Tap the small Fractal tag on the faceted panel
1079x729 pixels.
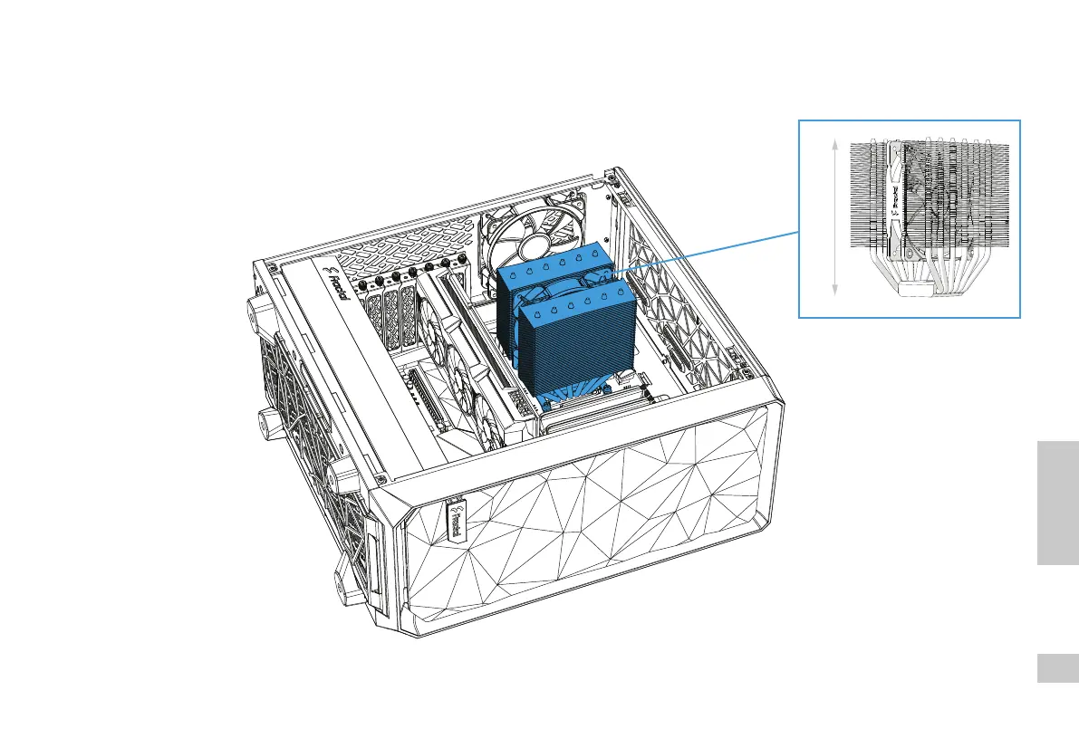[453, 519]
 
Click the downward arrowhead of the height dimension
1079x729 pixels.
[833, 290]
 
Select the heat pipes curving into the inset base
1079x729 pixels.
[942, 268]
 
